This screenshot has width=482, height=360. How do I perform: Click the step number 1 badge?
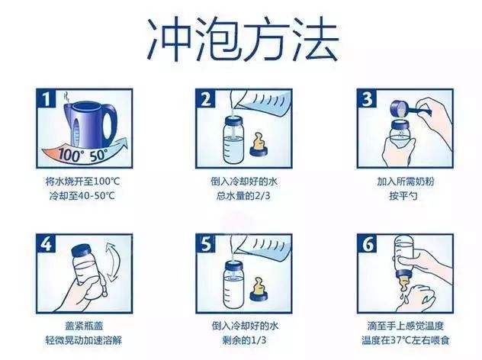(46, 98)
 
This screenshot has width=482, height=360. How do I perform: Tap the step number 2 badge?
(206, 98)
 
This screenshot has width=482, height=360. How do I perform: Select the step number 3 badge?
(367, 98)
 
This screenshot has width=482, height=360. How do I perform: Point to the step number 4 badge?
(46, 244)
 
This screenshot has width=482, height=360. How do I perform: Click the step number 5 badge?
(206, 244)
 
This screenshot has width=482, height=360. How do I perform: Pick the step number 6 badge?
(367, 244)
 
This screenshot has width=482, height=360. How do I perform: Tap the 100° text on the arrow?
(69, 155)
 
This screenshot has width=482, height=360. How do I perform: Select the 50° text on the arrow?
(99, 155)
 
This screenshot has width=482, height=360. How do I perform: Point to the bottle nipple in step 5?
(258, 290)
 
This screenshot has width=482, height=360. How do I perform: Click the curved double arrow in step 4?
(111, 262)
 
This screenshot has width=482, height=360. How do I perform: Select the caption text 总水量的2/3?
(243, 195)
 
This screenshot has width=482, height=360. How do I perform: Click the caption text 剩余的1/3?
(244, 340)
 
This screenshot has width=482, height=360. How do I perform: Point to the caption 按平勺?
(403, 195)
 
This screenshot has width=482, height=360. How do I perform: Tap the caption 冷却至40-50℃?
(82, 195)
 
